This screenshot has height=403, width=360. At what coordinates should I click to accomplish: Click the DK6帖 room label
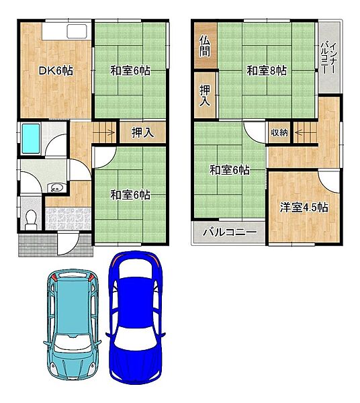[x=56, y=71]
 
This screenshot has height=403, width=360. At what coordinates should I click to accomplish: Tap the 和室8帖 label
[x=267, y=71]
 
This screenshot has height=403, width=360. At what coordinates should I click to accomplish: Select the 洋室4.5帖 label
[x=304, y=207]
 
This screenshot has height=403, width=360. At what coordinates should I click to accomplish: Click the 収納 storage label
[x=279, y=132]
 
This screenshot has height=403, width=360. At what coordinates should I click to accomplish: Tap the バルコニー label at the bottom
[x=230, y=232]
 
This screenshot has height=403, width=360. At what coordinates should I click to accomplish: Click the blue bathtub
[x=31, y=139]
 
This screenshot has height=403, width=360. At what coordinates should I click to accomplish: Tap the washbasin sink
[x=56, y=187]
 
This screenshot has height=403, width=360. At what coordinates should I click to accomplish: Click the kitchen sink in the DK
[x=77, y=32]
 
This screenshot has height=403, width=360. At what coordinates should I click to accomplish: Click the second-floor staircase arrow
[x=306, y=133]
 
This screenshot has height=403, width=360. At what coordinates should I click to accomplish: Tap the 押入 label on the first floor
[x=142, y=132]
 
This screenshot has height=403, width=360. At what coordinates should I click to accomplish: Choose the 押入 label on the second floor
[x=205, y=95]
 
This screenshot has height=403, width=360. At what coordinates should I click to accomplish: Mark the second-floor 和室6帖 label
[x=230, y=170]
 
